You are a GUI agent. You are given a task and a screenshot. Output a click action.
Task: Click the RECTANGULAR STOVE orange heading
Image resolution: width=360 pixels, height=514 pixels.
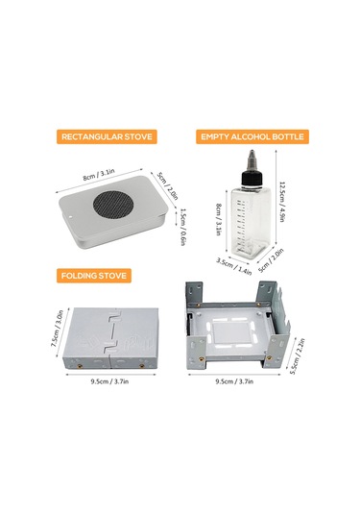[107, 136]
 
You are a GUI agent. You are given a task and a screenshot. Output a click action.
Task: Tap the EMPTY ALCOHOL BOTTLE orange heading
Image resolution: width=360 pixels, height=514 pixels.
[252, 136]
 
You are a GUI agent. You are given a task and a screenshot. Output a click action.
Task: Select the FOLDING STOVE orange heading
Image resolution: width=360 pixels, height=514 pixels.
[94, 276]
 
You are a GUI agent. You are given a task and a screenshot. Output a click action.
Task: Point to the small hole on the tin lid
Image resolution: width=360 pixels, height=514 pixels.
[72, 216]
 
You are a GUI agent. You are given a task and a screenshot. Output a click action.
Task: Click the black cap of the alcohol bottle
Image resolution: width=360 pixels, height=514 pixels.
[252, 178]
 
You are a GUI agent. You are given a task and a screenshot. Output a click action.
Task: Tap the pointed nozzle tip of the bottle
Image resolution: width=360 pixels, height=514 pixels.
[252, 152]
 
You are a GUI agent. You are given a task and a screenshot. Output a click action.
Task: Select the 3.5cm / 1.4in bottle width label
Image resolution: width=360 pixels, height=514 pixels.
[234, 266]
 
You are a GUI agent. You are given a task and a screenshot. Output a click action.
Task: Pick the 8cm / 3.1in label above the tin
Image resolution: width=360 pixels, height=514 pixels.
[99, 175]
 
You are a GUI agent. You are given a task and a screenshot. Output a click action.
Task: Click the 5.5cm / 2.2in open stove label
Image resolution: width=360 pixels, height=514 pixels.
[298, 356]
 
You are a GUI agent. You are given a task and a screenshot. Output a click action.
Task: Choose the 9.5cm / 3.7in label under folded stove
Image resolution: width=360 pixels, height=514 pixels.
[109, 381]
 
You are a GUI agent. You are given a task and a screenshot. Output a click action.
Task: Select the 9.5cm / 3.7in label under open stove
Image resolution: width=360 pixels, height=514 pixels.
[234, 381]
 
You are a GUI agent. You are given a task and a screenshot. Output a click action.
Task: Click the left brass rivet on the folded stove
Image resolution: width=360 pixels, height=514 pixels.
[79, 365]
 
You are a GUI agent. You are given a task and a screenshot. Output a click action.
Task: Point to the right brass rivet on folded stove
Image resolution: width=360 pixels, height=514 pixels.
[142, 365]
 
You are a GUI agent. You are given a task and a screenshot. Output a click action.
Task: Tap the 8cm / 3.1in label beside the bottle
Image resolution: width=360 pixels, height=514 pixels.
[219, 219]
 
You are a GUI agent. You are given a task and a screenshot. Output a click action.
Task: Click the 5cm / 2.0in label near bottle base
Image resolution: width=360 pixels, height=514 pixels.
[271, 260]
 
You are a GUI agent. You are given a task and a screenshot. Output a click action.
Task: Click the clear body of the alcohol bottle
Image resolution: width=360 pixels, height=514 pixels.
[251, 221]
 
